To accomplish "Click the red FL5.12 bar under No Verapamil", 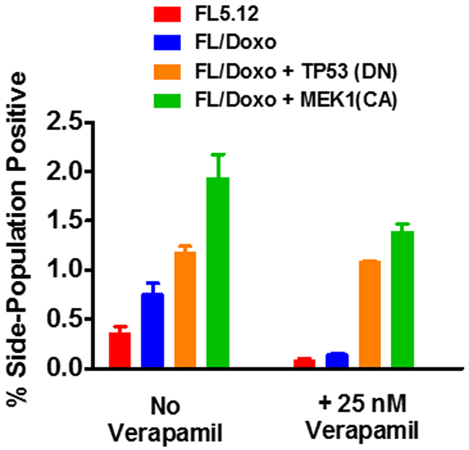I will click(120, 351).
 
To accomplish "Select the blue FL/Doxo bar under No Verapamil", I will click(152, 332).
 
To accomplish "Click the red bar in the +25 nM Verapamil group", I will click(304, 364).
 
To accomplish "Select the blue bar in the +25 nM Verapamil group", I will click(337, 362).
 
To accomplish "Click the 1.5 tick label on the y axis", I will click(72, 221).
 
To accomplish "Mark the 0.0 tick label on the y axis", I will click(72, 369).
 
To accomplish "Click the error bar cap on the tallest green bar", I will click(218, 155).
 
